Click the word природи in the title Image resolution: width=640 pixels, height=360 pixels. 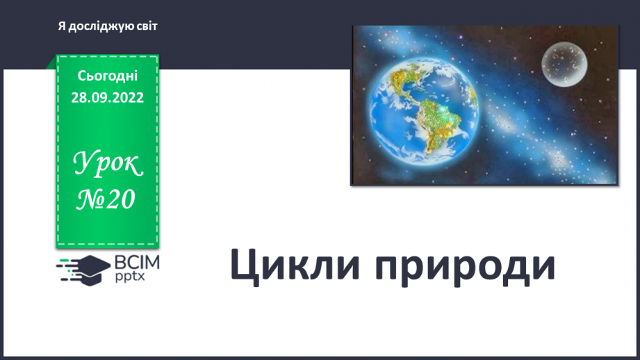pyautogui.click(x=465, y=268)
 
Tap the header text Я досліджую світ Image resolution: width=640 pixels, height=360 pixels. pyautogui.click(x=108, y=26)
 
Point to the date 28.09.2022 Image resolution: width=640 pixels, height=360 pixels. pyautogui.click(x=108, y=97)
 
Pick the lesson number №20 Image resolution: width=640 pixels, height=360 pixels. pyautogui.click(x=106, y=199)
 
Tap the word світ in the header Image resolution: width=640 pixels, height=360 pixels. pyautogui.click(x=147, y=26)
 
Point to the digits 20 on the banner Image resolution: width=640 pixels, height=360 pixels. pyautogui.click(x=121, y=199)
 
